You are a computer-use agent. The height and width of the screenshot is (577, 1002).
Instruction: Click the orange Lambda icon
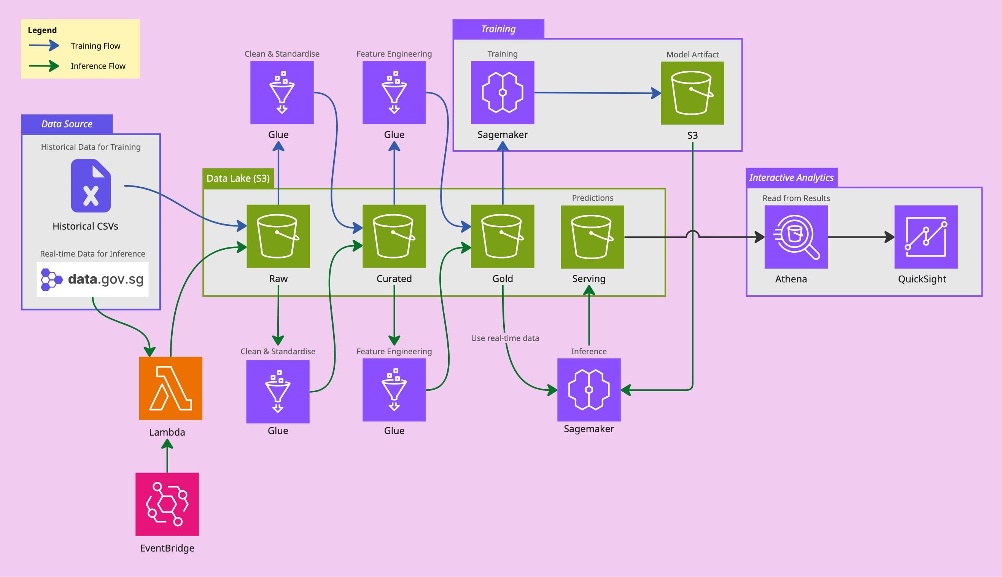170,388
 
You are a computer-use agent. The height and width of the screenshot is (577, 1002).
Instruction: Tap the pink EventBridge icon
167,504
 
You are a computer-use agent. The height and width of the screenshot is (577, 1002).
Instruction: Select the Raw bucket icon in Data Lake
278,236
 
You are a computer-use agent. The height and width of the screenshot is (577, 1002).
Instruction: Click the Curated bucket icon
394,236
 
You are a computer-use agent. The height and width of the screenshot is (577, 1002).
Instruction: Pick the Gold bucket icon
503,236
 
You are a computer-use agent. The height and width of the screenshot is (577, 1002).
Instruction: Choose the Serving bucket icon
592,236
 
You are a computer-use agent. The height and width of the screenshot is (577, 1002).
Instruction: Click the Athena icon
796,237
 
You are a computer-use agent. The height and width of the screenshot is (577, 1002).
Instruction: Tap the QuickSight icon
926,237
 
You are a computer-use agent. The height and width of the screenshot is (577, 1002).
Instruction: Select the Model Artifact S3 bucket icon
692,93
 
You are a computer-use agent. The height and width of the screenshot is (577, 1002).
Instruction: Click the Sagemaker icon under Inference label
589,390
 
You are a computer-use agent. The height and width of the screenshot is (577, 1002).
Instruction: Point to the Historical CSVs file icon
91,185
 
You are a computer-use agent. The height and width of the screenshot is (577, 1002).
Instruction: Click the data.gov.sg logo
92,279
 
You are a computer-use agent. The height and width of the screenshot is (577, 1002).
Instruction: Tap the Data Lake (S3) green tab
238,178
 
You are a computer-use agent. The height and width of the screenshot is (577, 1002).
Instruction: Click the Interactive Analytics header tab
792,178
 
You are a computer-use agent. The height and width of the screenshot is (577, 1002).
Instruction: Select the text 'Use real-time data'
505,338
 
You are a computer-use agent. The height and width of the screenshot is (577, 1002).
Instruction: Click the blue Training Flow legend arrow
44,46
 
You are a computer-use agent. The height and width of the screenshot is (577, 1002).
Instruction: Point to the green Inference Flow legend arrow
44,66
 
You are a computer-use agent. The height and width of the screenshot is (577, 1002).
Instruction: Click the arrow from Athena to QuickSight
860,237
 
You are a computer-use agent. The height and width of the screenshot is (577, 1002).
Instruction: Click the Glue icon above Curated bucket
394,92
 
